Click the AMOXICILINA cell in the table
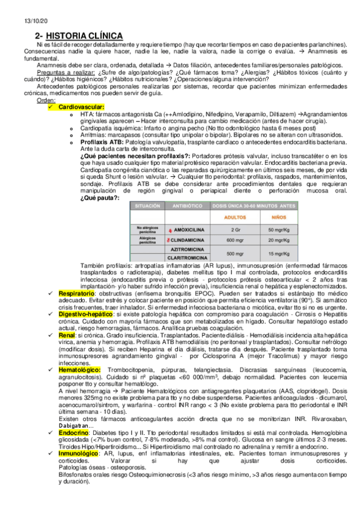[189, 230]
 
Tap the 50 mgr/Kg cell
[277, 230]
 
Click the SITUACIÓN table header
[147, 206]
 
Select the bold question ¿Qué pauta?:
[100, 198]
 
